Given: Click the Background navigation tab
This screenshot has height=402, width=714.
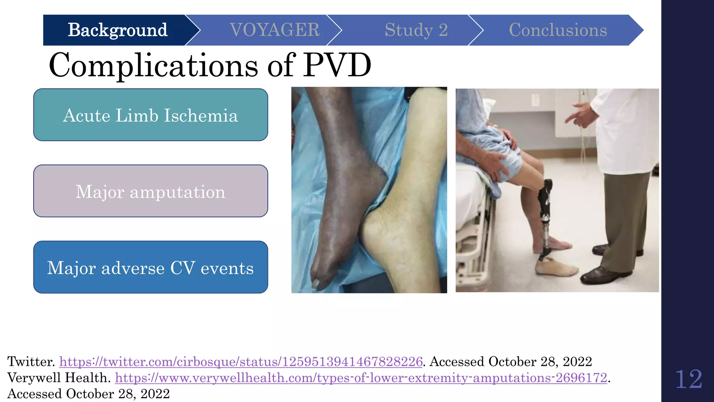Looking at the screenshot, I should coord(117,30).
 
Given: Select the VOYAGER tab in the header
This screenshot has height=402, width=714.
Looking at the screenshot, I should coord(274,30).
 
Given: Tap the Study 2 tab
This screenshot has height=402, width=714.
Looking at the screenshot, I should coord(416,30).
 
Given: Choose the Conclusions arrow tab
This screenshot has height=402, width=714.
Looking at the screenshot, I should coord(558,30).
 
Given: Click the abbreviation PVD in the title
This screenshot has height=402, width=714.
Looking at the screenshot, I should coord(337,65).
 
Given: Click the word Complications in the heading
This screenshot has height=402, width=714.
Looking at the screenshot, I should coord(153,65).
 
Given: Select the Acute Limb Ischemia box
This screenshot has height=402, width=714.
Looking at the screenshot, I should coord(151,115).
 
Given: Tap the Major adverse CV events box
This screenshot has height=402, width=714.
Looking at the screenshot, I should coord(151,267).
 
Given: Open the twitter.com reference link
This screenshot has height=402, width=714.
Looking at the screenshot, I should coord(241,362).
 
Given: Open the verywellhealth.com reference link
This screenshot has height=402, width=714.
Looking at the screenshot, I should coord(361,378).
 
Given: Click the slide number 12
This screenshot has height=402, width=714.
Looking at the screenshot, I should coord(688,379).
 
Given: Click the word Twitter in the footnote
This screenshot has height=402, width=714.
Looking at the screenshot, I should coord(31,362).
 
